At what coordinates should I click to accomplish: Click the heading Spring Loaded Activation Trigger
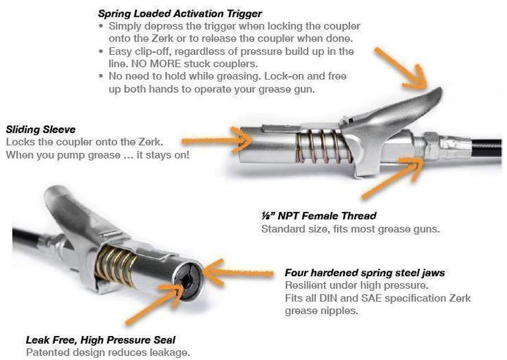(180, 14)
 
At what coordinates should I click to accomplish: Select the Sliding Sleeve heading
(41, 130)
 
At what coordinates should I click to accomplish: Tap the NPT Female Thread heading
(319, 216)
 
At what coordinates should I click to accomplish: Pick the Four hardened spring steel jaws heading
(365, 273)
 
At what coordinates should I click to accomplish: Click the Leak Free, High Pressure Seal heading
(101, 340)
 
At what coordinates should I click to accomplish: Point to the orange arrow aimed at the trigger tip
(400, 69)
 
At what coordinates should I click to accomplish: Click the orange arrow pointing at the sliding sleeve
(216, 141)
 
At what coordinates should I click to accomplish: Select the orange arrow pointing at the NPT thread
(393, 178)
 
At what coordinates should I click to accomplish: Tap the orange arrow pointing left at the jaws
(238, 273)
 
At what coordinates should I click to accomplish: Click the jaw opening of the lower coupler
(187, 281)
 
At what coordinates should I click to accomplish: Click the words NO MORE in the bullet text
(156, 63)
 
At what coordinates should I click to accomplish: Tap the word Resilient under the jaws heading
(308, 285)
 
